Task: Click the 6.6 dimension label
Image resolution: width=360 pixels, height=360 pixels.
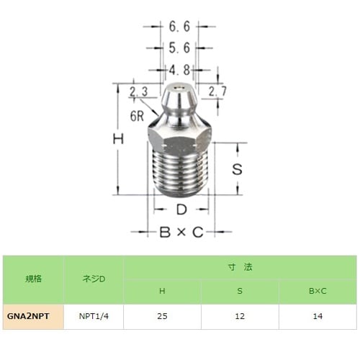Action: (179, 27)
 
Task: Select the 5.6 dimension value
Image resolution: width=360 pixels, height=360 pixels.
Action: (179, 48)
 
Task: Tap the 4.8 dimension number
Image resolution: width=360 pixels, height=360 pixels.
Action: (179, 71)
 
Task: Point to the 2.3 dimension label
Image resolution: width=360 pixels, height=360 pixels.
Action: (139, 92)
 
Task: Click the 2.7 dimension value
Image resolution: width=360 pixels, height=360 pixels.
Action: (217, 91)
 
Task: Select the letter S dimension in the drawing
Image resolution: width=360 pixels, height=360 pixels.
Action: (235, 171)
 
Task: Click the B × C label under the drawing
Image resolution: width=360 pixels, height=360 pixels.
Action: (181, 232)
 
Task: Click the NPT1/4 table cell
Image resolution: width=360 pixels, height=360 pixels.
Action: (94, 316)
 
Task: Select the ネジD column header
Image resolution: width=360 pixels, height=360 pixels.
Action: (94, 279)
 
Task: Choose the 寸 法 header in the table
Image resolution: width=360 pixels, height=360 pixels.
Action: (239, 266)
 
